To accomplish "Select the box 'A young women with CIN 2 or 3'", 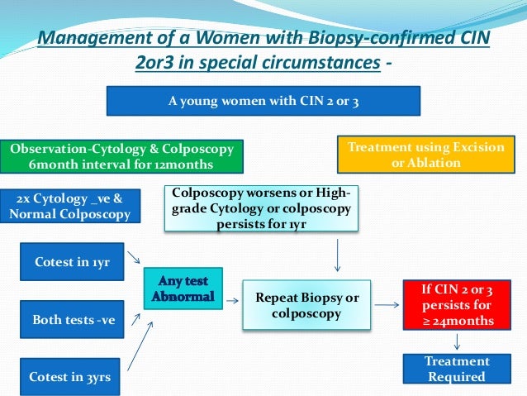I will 263,102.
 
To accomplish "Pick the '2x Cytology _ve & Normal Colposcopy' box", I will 70,207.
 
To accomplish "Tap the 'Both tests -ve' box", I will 73,319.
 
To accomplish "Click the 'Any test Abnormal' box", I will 183,289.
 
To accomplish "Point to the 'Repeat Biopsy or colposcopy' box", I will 306,305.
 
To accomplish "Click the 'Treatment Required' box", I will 456,369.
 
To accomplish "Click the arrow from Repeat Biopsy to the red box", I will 385,305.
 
